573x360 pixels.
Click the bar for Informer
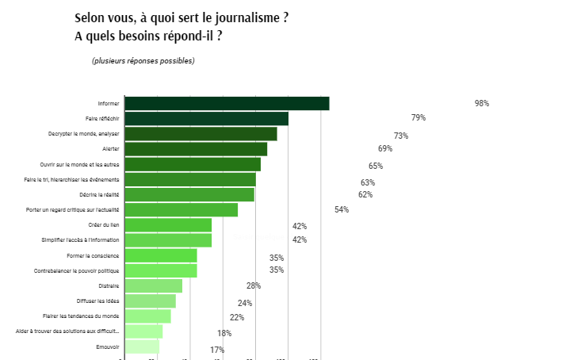coord(227,103)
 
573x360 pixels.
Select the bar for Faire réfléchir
coord(206,119)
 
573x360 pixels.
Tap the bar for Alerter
coord(196,149)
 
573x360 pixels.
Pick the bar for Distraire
coord(153,285)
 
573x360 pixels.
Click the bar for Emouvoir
coord(142,347)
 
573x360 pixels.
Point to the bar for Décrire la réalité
coord(189,194)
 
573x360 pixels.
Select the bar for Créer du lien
coord(168,225)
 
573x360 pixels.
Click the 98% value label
coord(482,103)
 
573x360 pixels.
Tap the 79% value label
coord(418,118)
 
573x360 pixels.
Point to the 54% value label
coord(342,209)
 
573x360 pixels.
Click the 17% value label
coord(217,350)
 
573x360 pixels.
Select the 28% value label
coord(254,285)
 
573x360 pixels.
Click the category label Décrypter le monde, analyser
coord(83,134)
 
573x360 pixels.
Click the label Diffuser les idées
coord(98,301)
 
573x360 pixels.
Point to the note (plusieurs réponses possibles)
coord(143,61)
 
